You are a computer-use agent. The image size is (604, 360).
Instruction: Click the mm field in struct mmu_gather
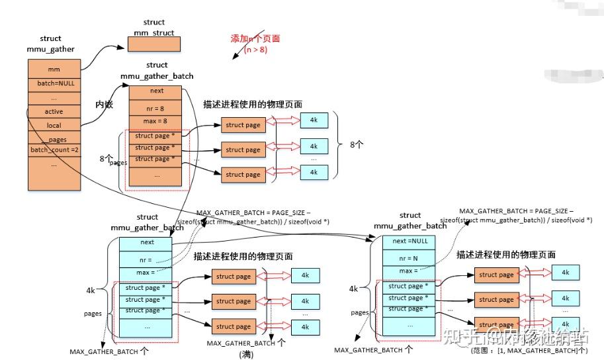click(54, 69)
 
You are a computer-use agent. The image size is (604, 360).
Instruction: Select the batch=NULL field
click(54, 83)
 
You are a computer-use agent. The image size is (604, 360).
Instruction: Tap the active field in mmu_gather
click(54, 111)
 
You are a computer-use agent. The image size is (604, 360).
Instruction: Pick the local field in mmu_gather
click(54, 125)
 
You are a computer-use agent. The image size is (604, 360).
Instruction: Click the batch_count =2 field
click(54, 150)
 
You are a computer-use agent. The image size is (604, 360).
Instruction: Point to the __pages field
click(54, 139)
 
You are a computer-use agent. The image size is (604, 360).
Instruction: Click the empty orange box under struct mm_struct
click(153, 44)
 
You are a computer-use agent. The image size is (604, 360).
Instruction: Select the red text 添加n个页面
click(255, 38)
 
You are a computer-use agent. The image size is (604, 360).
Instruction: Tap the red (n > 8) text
click(255, 50)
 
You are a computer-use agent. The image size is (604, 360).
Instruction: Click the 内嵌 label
click(105, 105)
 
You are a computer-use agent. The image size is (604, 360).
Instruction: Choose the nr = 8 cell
click(156, 107)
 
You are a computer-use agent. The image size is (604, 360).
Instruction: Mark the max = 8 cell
click(156, 121)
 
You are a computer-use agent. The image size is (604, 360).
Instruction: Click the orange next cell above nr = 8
click(156, 91)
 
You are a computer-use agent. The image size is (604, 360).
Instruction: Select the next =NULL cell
click(410, 241)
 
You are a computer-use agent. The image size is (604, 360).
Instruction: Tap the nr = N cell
click(410, 256)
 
